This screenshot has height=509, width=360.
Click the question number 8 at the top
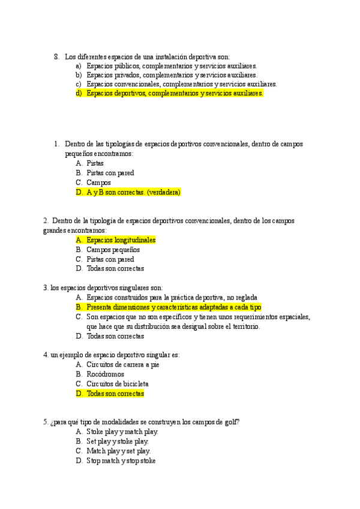(56, 57)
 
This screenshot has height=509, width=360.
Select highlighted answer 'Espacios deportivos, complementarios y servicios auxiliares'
(174, 94)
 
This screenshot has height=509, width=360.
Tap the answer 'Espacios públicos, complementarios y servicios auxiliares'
(171, 66)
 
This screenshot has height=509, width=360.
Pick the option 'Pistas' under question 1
(95, 163)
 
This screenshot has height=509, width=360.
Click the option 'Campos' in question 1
(98, 182)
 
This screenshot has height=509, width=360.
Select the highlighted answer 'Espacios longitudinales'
(121, 240)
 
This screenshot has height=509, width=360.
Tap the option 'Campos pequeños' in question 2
(113, 250)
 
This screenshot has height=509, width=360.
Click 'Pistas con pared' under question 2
(110, 259)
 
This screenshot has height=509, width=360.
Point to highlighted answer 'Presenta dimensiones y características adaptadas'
(173, 307)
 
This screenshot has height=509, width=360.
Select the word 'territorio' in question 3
(242, 327)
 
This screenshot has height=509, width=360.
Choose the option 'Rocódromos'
(106, 374)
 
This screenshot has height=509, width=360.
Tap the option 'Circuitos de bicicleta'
(118, 384)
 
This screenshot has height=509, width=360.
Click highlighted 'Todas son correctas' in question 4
(115, 394)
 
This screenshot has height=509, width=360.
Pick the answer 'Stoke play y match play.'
(122, 432)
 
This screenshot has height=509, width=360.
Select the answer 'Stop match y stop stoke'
(121, 461)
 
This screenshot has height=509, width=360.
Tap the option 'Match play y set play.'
(119, 451)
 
